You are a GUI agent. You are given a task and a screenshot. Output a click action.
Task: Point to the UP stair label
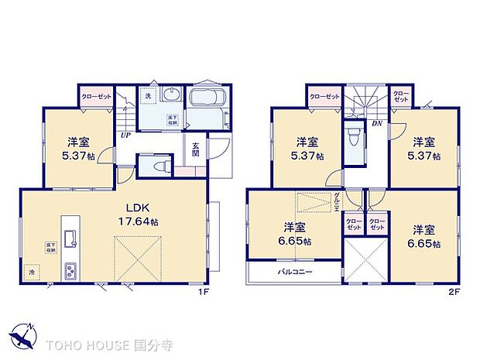coord(125,137)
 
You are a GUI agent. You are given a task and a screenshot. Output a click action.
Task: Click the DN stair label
coord(376,124)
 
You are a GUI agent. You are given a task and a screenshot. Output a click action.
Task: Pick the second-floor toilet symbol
coord(354,139)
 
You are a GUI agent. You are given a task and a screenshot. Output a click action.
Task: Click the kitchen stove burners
coord(69,271)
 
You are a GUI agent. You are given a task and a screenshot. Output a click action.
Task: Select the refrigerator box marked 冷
coord(33,273)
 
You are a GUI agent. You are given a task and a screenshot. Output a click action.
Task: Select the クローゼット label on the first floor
coord(97,98)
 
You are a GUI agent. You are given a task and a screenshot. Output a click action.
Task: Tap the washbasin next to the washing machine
coord(171,96)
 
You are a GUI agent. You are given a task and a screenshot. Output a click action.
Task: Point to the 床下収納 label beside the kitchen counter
coord(50,248)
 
